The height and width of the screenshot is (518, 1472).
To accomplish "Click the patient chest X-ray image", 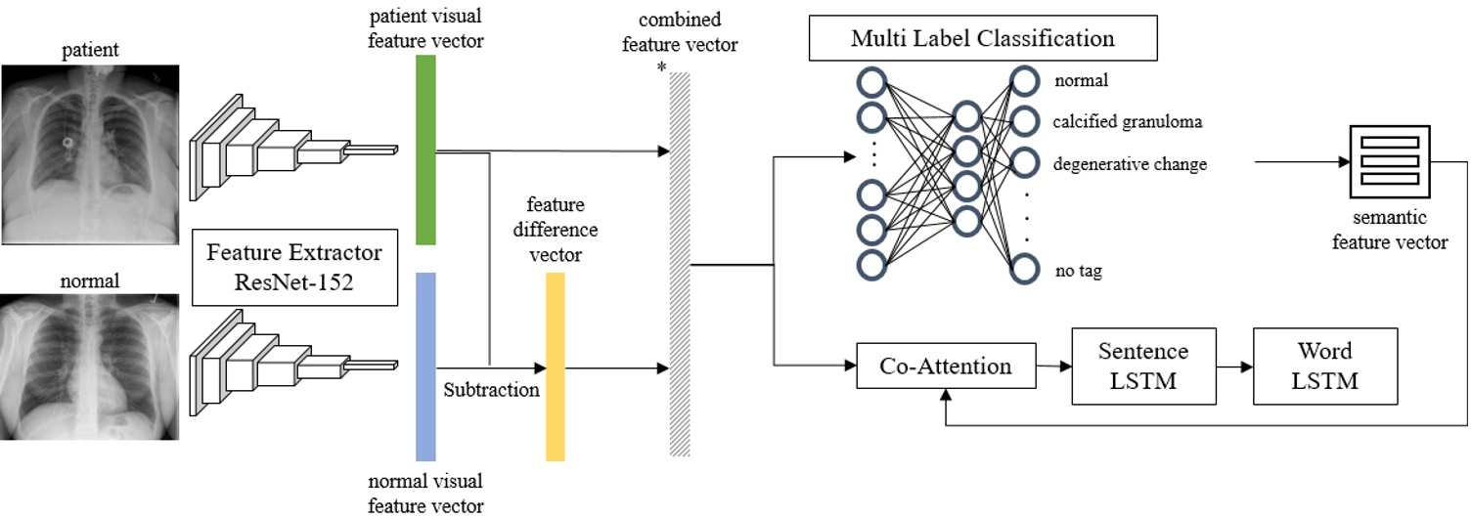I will pyautogui.click(x=89, y=154).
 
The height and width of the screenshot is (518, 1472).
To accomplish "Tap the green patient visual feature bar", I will pyautogui.click(x=425, y=150).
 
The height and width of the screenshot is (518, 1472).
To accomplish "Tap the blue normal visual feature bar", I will pyautogui.click(x=425, y=367).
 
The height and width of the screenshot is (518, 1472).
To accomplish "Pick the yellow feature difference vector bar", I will pyautogui.click(x=556, y=367).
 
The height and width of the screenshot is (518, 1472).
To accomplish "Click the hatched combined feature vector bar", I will pyautogui.click(x=680, y=264).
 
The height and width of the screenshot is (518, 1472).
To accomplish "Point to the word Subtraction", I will pyautogui.click(x=492, y=390).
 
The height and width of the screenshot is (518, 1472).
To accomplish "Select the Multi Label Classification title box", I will pyautogui.click(x=983, y=39).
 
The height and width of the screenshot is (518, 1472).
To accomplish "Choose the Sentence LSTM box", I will pyautogui.click(x=1142, y=367).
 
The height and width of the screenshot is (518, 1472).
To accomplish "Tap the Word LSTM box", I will pyautogui.click(x=1325, y=367).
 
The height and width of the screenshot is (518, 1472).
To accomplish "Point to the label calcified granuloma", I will pyautogui.click(x=1127, y=122).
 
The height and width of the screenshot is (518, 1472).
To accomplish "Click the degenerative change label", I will pyautogui.click(x=1130, y=164).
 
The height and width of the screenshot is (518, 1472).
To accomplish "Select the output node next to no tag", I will pyautogui.click(x=1024, y=269).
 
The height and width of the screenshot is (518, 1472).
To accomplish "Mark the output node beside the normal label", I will pyautogui.click(x=1024, y=80).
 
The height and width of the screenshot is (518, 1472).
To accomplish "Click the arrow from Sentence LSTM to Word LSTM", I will pyautogui.click(x=1233, y=367).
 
